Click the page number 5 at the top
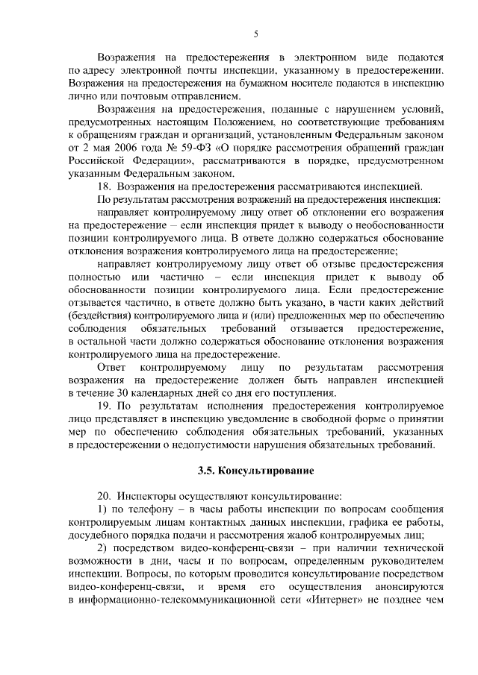coord(256,34)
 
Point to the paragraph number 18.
coord(105,186)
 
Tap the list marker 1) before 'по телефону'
coord(104,509)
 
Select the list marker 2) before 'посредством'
coord(104,549)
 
